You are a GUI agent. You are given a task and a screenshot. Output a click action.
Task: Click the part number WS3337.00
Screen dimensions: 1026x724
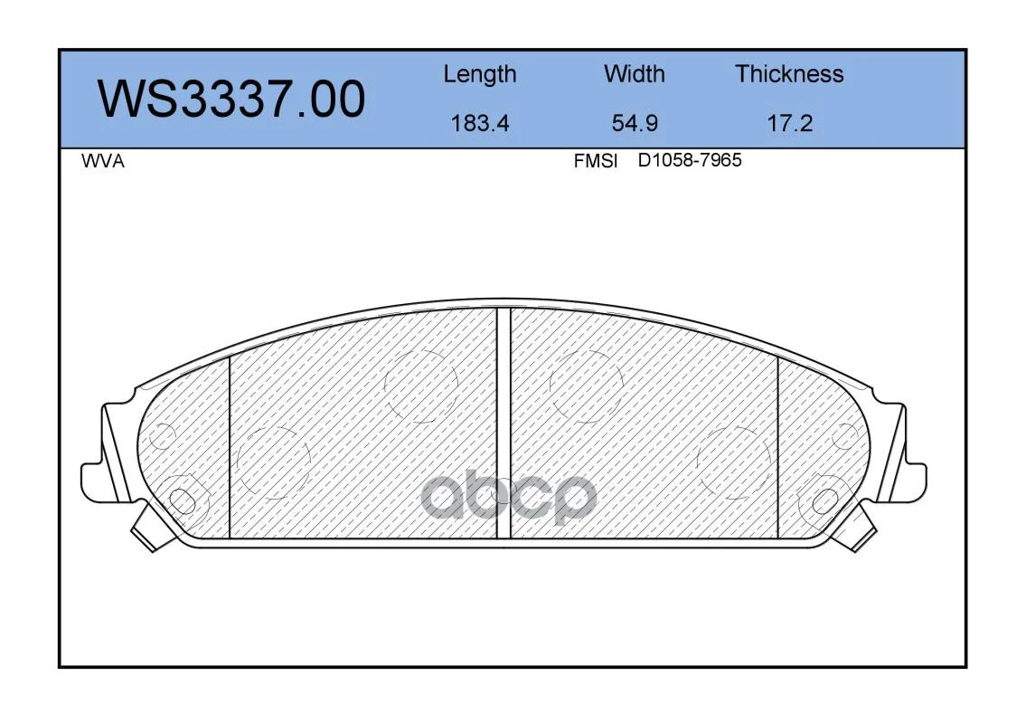pos(231,100)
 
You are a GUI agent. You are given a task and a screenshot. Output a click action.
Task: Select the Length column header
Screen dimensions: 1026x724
pos(480,75)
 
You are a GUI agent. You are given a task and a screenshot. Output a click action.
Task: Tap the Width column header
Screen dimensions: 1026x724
pos(634,73)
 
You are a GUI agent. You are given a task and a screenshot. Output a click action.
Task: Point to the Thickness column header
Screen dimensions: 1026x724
pos(789,73)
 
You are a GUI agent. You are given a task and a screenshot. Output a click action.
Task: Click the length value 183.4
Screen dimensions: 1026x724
pos(480,123)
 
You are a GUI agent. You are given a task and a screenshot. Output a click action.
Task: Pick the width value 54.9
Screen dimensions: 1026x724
pos(634,123)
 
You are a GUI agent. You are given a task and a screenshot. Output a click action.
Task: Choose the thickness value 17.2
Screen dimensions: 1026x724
pos(789,123)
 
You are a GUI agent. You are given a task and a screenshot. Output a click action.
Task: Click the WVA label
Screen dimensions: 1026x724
pos(103,161)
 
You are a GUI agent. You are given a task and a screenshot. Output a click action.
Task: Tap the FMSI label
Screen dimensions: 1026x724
pos(596,161)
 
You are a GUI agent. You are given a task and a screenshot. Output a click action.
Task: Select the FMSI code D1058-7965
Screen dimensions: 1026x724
pos(690,160)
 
